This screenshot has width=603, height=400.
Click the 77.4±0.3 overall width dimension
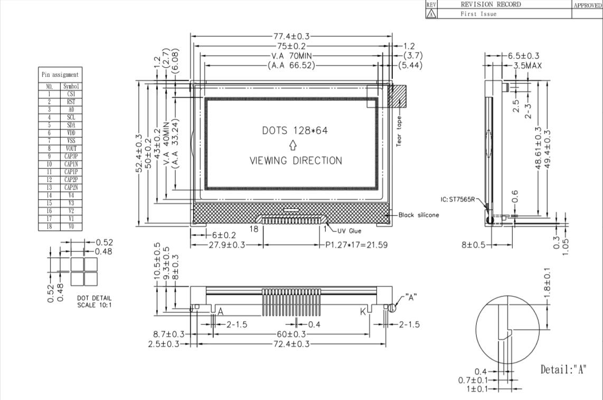click(291, 36)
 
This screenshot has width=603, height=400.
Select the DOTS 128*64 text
click(295, 131)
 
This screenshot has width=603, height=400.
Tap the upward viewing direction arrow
click(293, 145)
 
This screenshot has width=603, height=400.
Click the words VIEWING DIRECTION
click(296, 161)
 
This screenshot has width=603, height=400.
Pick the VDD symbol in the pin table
click(71, 133)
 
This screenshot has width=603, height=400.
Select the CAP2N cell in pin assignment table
click(71, 188)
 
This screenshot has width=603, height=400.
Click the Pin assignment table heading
click(60, 75)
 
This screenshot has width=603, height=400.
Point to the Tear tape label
click(399, 131)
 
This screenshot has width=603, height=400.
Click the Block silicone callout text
click(418, 215)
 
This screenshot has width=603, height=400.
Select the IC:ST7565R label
click(458, 199)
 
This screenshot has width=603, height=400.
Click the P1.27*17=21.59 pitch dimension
click(356, 245)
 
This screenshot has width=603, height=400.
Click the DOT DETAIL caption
click(94, 298)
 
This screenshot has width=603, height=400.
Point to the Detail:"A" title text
click(563, 369)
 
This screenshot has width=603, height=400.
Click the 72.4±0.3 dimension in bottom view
click(291, 344)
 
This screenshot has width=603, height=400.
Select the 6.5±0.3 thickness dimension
click(523, 56)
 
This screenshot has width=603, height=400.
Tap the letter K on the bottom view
click(363, 311)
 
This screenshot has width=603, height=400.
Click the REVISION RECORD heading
click(491, 4)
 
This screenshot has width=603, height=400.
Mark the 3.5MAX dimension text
click(527, 66)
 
